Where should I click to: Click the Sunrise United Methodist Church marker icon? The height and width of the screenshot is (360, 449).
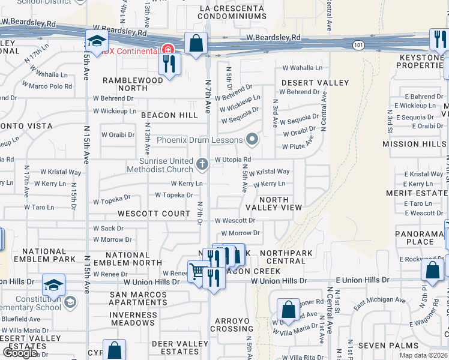[203, 163]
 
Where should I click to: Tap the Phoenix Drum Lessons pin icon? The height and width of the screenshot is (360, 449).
[252, 140]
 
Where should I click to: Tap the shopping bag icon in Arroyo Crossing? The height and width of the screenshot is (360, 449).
[288, 310]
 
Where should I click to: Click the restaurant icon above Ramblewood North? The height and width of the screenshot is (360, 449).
[169, 64]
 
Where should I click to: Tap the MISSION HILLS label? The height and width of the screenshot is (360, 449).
[410, 144]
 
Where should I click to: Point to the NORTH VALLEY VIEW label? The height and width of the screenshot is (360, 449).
[274, 203]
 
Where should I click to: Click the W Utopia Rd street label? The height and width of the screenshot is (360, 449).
[232, 160]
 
